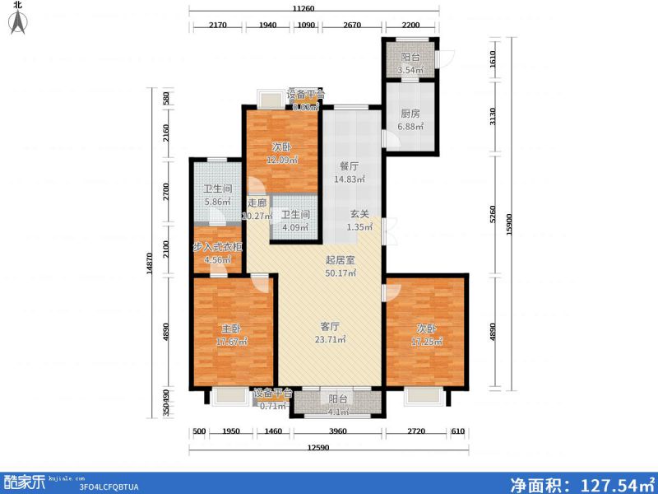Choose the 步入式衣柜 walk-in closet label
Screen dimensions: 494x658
point(218,247)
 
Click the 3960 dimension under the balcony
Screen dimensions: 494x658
point(338,431)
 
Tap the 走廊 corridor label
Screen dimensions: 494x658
point(257,203)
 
